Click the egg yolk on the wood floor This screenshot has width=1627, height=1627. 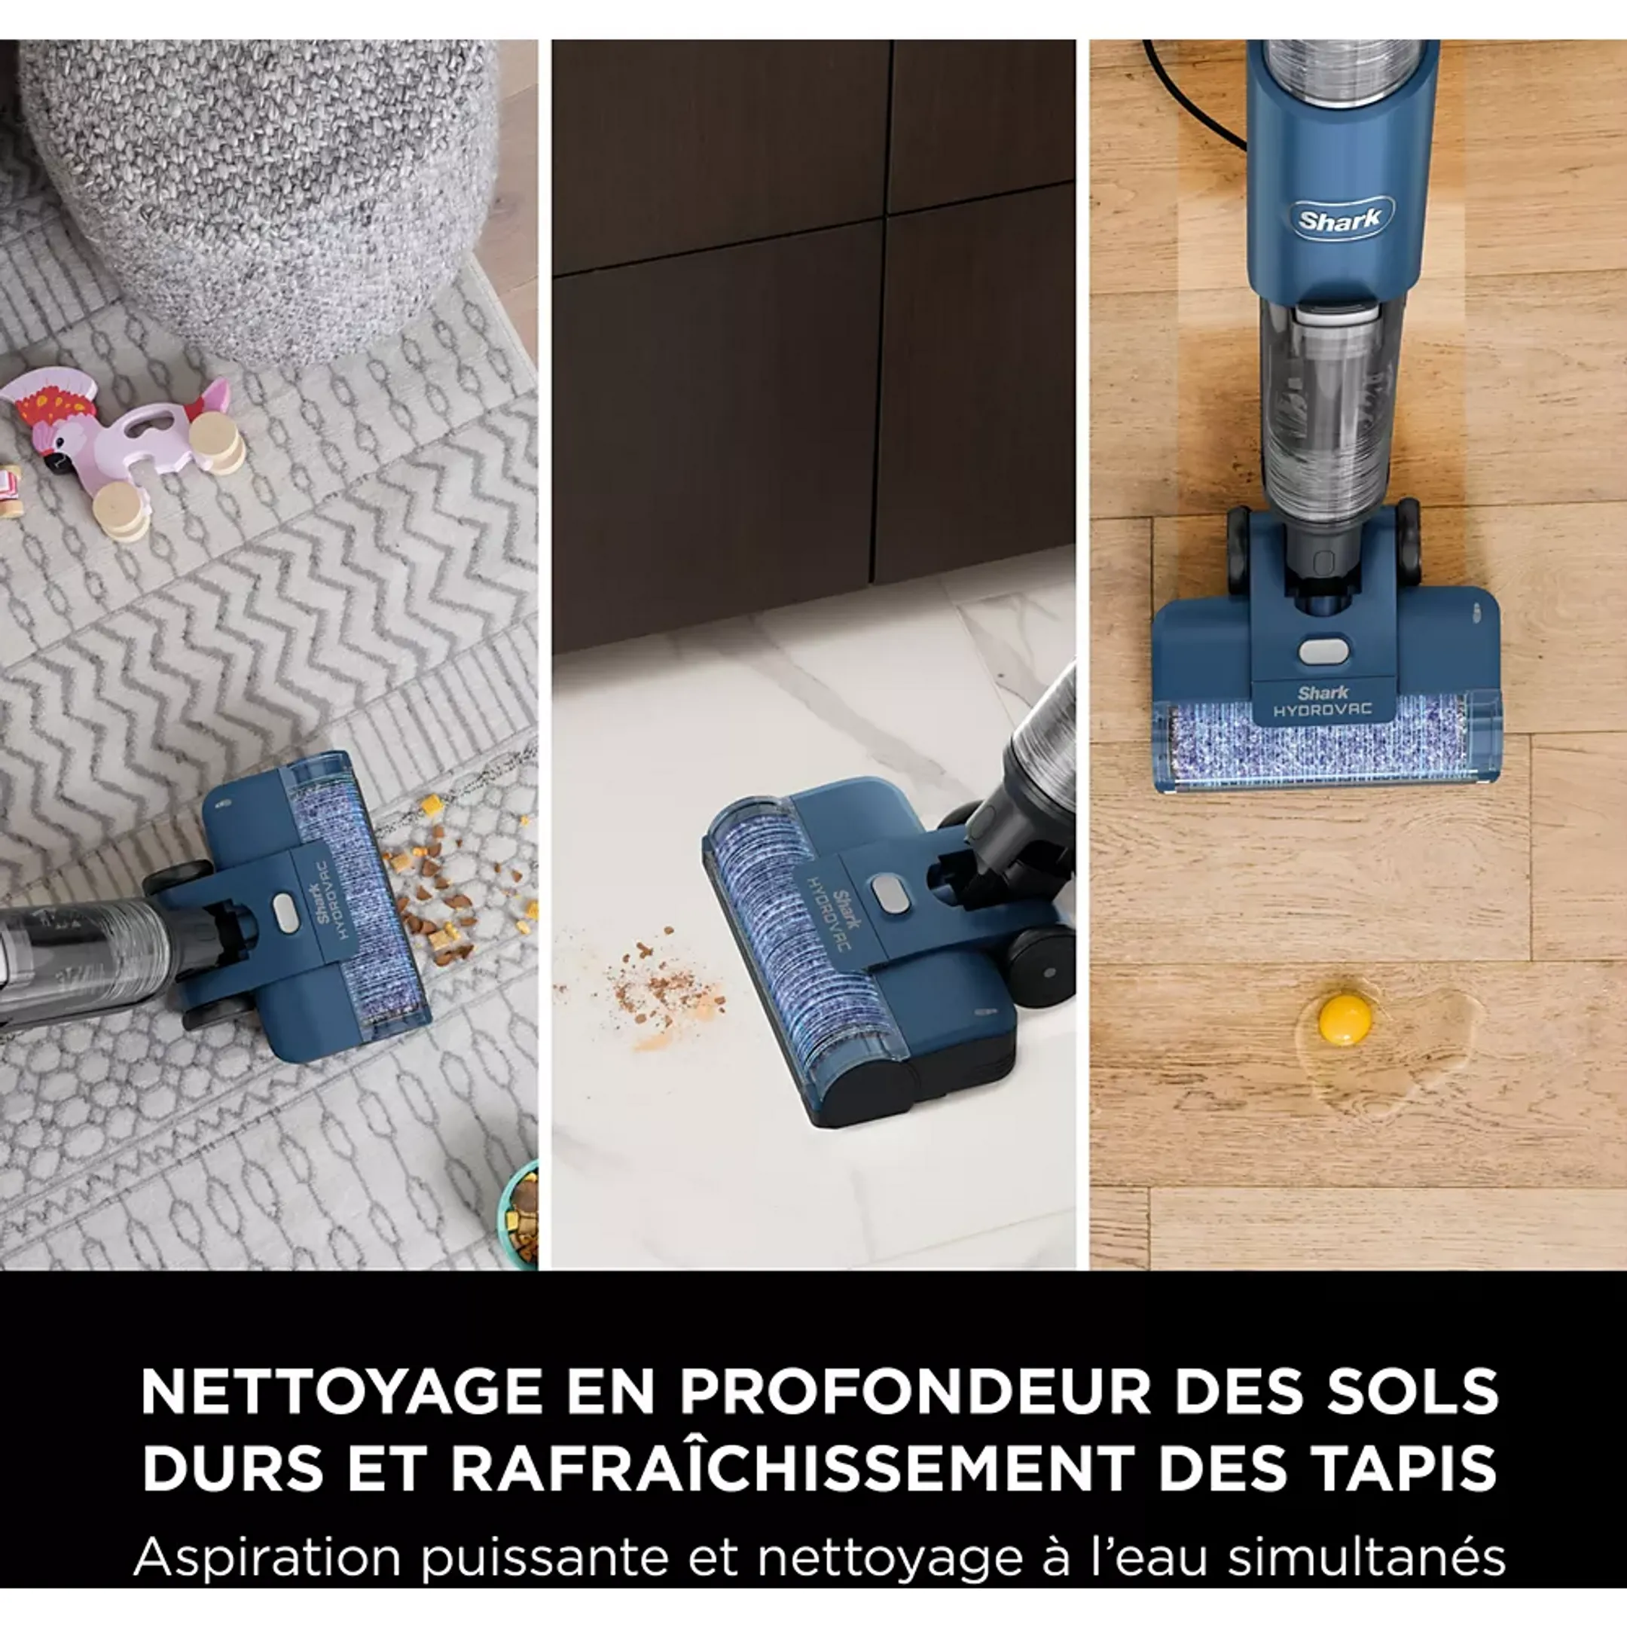(x=1345, y=1020)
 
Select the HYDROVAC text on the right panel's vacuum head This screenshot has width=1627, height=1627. (x=1322, y=710)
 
